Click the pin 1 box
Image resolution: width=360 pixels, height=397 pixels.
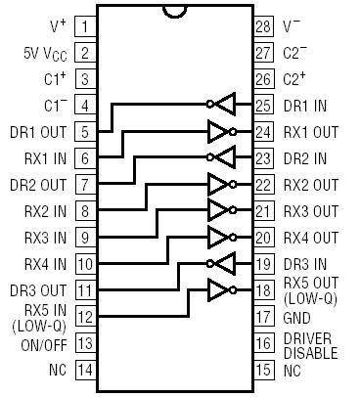pyautogui.click(x=85, y=25)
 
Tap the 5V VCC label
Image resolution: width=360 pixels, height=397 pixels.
pyautogui.click(x=45, y=52)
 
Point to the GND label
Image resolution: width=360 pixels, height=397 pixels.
pyautogui.click(x=298, y=318)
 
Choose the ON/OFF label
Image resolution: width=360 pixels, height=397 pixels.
pyautogui.click(x=43, y=344)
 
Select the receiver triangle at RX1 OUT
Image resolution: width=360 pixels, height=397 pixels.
pyautogui.click(x=219, y=130)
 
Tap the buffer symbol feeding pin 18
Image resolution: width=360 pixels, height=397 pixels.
pyautogui.click(x=219, y=290)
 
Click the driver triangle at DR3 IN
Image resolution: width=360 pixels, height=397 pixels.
pyautogui.click(x=225, y=264)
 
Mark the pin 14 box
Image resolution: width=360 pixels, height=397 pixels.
pyautogui.click(x=85, y=371)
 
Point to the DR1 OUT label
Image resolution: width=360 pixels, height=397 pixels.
pyautogui.click(x=40, y=131)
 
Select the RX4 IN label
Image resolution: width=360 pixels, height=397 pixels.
pyautogui.click(x=45, y=264)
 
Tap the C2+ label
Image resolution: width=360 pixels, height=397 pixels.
pyautogui.click(x=295, y=78)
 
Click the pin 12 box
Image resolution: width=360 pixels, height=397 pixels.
pyautogui.click(x=85, y=317)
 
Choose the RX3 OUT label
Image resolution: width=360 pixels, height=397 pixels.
pyautogui.click(x=311, y=211)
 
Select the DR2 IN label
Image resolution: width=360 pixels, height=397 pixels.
pyautogui.click(x=305, y=157)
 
